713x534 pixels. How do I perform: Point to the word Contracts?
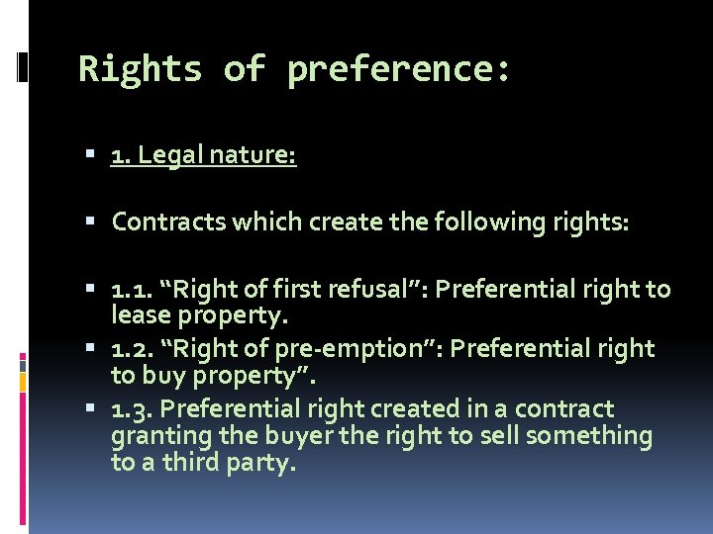[168, 222]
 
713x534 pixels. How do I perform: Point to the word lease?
[138, 315]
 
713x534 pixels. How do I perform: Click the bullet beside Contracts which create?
[91, 222]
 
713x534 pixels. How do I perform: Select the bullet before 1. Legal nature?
[91, 156]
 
